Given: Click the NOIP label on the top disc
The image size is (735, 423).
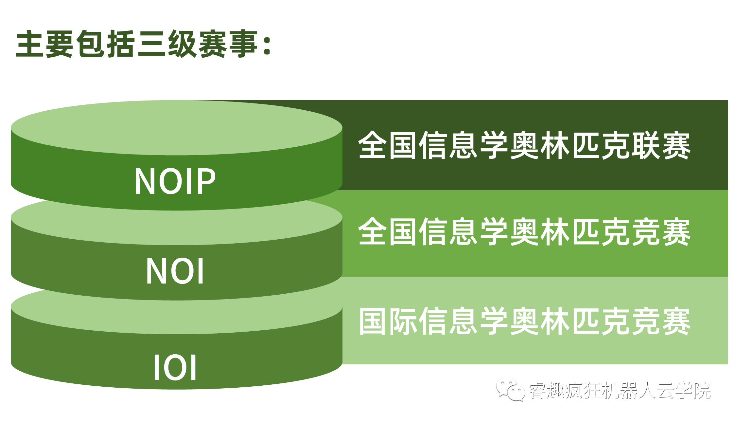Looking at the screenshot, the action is pos(175,181).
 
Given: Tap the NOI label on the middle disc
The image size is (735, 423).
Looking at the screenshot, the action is pos(175,271).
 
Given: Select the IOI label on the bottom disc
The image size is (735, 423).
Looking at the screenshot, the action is pos(175,367).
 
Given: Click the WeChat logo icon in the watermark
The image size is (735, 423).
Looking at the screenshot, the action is pos(510,389).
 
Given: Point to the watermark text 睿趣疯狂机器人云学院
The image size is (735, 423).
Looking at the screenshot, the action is pos(620,390).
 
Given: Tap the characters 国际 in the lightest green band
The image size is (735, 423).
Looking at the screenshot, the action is pos(388,321).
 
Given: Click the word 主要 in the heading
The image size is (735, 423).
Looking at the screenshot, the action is pos(44,44).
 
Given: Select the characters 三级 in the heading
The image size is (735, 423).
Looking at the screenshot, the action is pos(167,44).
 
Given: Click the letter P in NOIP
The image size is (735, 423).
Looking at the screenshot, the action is pos(205,181).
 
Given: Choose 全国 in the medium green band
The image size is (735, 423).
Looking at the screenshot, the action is pos(388,232).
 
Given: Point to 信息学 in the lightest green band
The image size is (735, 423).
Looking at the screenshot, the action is pos(464,321).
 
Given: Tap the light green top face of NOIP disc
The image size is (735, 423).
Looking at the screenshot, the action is pos(177,128).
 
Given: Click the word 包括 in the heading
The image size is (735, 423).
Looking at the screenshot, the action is pos(105,44).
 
